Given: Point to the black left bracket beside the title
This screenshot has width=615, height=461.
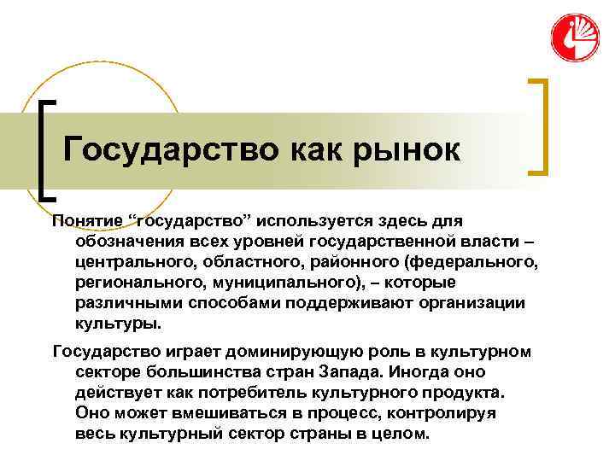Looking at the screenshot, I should [x=45, y=149].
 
